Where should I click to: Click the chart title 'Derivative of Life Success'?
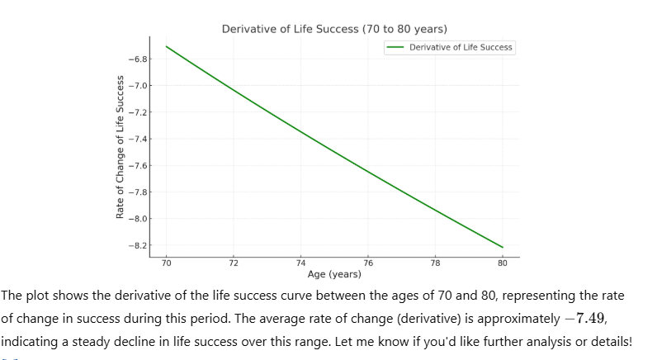pos(334,29)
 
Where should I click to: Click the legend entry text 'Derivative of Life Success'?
pos(461,47)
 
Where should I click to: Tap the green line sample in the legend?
pos(395,47)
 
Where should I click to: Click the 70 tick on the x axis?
pos(166,263)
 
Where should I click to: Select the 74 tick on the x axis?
pos(300,263)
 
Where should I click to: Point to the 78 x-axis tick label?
pos(435,263)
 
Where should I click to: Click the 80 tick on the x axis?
pos(503,263)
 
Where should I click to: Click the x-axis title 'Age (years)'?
pos(333,273)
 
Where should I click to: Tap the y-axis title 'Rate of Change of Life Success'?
pos(120,147)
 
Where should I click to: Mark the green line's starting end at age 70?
pos(166,46)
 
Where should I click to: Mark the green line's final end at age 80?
pos(503,247)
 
